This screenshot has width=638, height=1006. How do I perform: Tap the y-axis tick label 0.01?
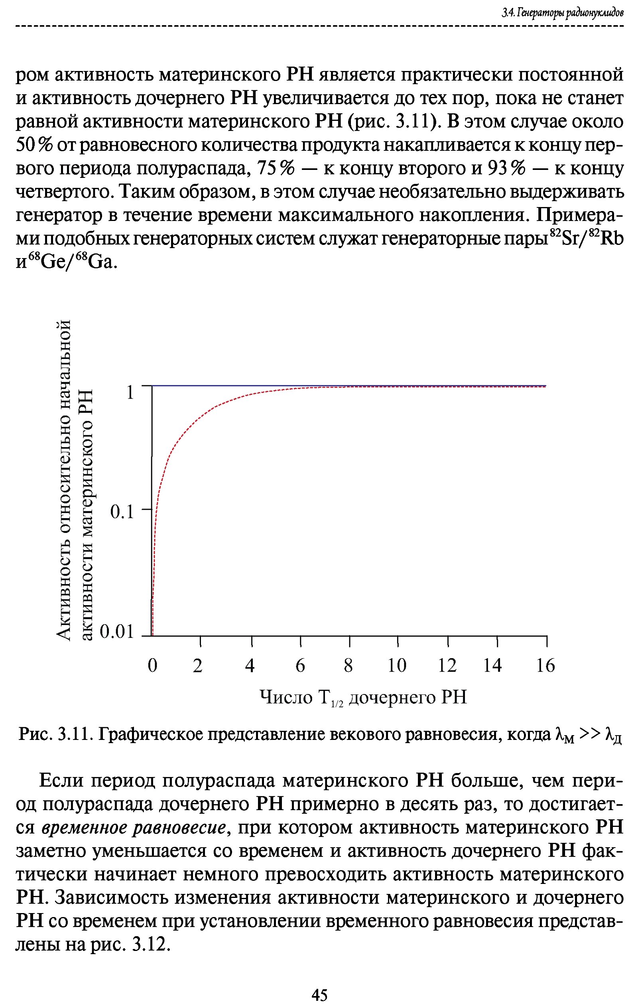tap(117, 633)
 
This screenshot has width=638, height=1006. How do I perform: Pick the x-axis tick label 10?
tap(397, 665)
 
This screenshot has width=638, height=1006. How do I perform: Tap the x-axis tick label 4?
tap(250, 665)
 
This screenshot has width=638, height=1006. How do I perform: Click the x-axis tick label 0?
tap(153, 665)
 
